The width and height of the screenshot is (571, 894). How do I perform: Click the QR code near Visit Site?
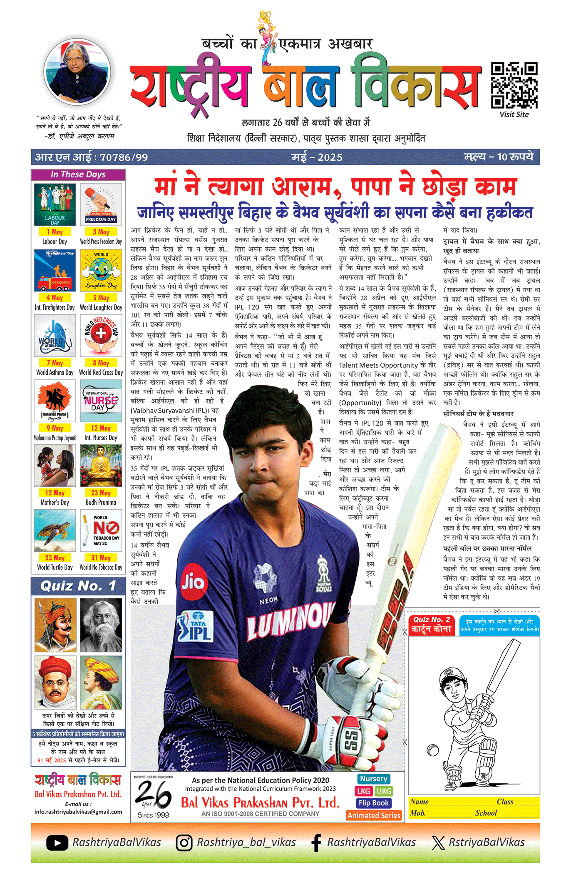coord(514,85)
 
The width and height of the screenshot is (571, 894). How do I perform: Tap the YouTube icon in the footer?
coord(57,843)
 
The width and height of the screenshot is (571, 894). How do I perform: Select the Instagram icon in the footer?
coord(184,843)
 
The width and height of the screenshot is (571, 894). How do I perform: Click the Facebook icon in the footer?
coord(316,843)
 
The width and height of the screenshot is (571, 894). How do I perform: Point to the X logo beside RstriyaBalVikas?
coord(438,843)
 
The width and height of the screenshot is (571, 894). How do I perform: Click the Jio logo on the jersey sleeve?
coord(194,582)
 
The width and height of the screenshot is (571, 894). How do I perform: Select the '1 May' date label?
coord(55,232)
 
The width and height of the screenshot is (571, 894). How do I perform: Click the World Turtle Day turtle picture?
coord(55,530)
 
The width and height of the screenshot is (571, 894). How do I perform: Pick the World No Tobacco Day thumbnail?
coord(101,530)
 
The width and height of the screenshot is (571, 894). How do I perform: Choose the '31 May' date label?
coord(101,558)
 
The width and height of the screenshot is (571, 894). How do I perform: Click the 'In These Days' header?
coord(78,174)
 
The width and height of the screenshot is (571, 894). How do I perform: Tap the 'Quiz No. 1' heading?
coord(78,586)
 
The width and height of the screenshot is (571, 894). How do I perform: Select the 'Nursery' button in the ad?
coord(373,779)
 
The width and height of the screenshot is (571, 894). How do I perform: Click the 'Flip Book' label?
coord(373,803)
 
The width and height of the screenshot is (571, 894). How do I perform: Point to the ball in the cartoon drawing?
coord(433,750)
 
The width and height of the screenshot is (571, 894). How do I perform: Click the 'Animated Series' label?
coord(374,815)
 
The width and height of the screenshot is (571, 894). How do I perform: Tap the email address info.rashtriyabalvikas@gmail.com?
coord(78,812)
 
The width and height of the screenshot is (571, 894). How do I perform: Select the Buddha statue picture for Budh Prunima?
coord(101,465)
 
